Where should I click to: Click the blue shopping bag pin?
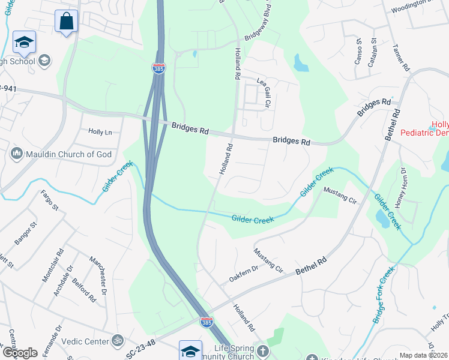(66, 21)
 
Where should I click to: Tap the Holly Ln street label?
(100, 131)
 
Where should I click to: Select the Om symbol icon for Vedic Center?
(117, 340)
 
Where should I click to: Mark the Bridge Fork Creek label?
(383, 296)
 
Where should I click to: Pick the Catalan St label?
(373, 50)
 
